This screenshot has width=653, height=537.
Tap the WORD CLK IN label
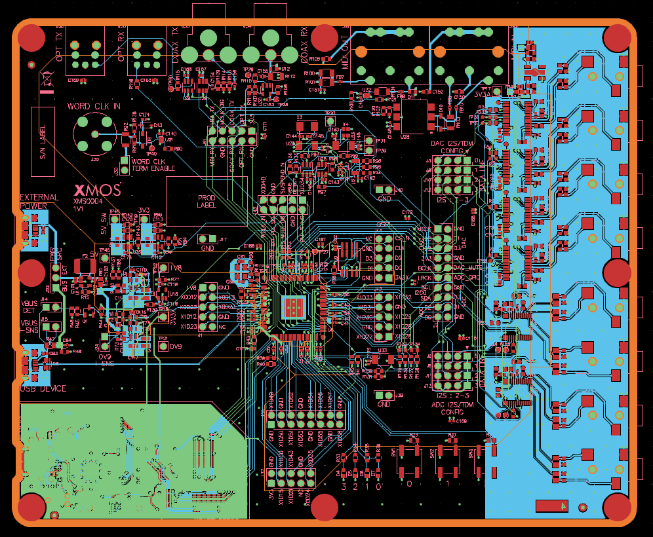[x=94, y=106]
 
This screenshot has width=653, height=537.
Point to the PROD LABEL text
[x=207, y=201]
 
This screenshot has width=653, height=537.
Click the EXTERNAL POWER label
[x=39, y=201]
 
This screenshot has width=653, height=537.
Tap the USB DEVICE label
[x=43, y=389]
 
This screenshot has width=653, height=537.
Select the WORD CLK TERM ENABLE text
[x=153, y=165]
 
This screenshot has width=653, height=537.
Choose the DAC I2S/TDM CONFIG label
[x=452, y=147]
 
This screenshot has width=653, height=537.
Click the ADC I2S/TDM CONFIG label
[x=452, y=408]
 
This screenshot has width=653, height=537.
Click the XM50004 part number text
[x=89, y=202]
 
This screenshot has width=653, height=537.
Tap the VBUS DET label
[x=30, y=306]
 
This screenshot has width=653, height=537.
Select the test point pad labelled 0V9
[x=163, y=346]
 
